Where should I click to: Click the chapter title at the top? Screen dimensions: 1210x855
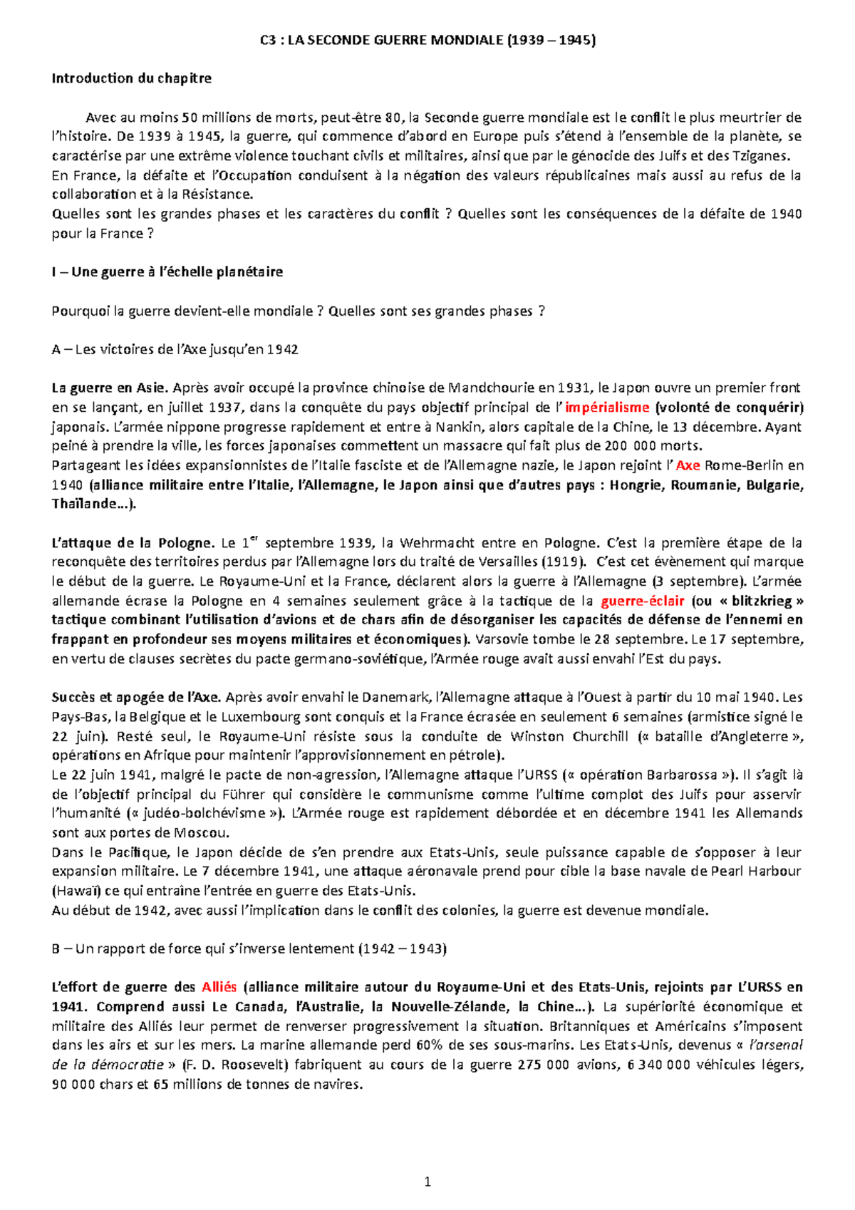click(x=427, y=40)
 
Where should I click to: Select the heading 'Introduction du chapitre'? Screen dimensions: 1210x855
click(x=131, y=78)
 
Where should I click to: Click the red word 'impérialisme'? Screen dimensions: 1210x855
click(x=607, y=408)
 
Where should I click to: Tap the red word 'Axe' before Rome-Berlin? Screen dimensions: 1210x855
click(x=688, y=465)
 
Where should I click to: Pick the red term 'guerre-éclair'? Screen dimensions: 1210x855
click(x=643, y=601)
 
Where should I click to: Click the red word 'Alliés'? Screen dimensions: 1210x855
click(x=219, y=988)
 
